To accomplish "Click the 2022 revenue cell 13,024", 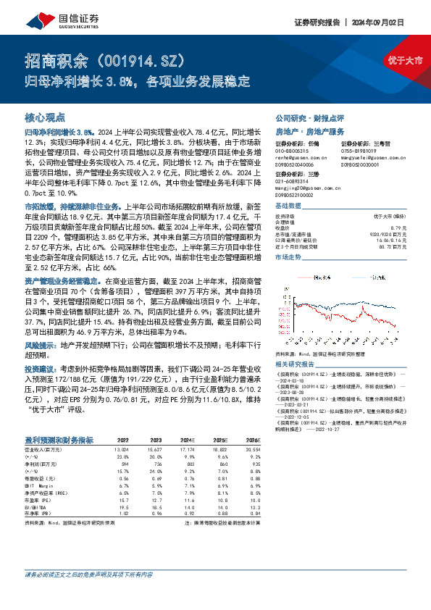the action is click(x=122, y=450).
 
